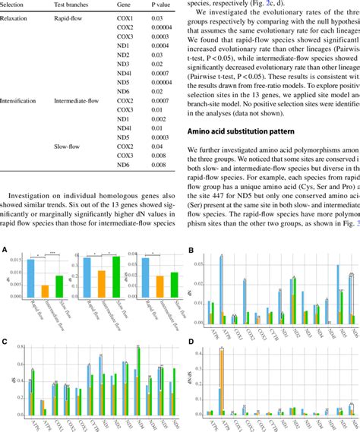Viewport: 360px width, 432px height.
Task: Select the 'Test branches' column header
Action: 74,5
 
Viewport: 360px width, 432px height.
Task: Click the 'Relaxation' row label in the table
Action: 17,18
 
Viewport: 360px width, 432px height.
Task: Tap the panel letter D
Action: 190,342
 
